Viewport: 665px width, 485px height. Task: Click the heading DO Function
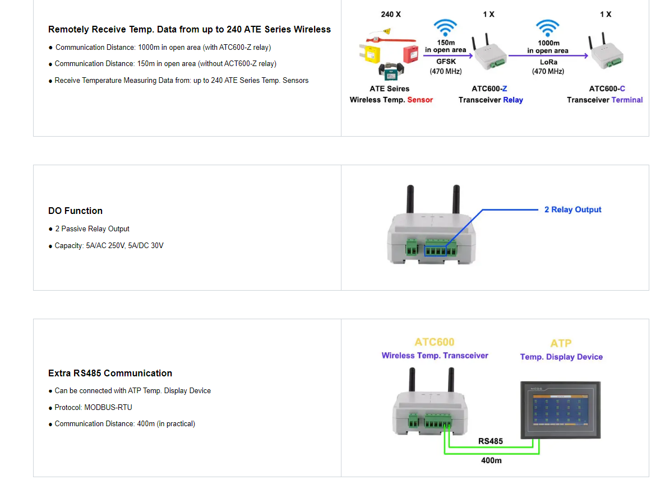click(75, 211)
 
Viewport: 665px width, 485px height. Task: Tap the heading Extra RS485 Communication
click(110, 373)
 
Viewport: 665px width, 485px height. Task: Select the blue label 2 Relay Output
click(572, 209)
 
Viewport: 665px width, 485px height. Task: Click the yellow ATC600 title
click(435, 342)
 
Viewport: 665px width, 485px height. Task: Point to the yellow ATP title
click(561, 343)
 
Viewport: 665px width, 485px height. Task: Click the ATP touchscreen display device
click(560, 410)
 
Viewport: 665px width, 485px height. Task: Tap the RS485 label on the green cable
click(490, 441)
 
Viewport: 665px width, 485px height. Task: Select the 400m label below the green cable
click(491, 460)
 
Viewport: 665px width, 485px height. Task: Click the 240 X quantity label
click(391, 15)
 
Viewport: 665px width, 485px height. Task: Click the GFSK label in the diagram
click(446, 62)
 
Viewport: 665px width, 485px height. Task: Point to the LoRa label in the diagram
click(548, 62)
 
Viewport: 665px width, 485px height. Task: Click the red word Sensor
click(420, 100)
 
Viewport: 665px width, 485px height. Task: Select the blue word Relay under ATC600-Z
click(512, 100)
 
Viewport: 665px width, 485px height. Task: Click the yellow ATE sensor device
click(370, 54)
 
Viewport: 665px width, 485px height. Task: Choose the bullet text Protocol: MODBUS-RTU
click(93, 408)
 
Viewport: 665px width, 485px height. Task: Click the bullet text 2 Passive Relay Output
click(92, 228)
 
